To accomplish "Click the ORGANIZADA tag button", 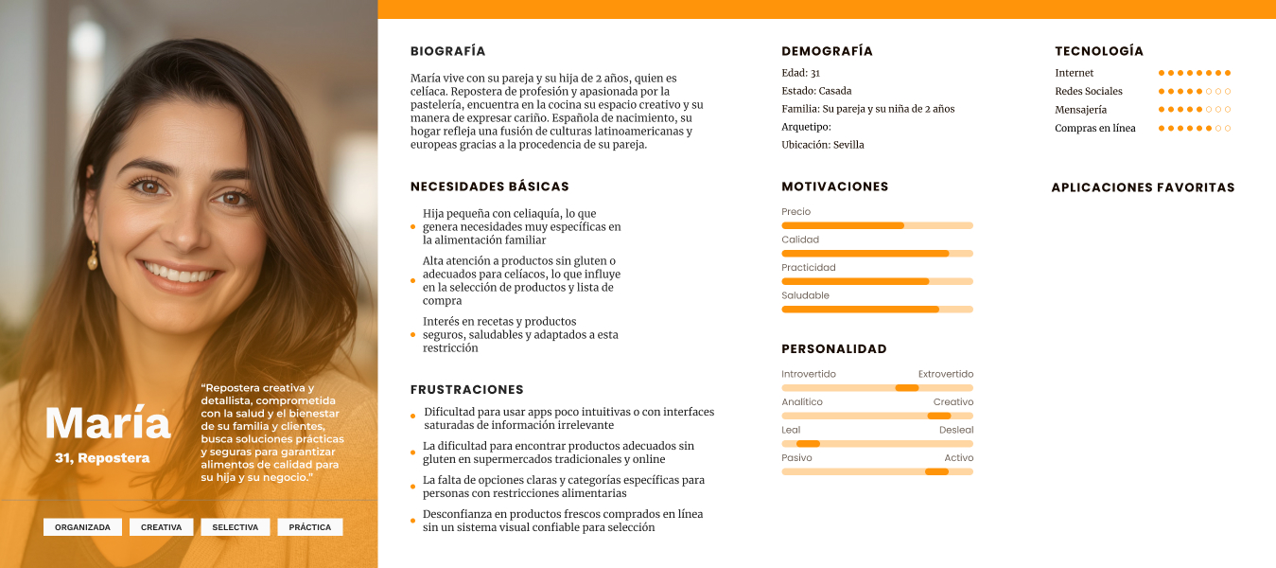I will click(82, 527).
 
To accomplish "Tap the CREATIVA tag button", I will click(162, 527).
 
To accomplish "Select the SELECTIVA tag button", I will click(236, 527).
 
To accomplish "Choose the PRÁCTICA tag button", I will click(310, 527).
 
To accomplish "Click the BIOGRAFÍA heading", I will click(447, 51).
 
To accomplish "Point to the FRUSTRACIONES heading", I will click(466, 389).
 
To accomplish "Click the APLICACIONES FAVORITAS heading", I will click(1143, 187).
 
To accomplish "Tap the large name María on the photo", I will click(108, 423).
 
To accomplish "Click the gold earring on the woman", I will click(93, 256).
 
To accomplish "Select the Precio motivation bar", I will click(877, 225).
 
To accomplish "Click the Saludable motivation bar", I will click(877, 310).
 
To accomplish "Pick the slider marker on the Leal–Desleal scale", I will click(808, 444).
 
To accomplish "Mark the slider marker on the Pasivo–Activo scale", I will click(936, 471).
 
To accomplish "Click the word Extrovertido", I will click(945, 374).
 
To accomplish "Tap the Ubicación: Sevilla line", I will click(822, 145).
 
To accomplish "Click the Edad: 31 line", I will click(800, 73).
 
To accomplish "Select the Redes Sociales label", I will click(1089, 91).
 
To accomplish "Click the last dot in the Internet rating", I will click(1228, 73).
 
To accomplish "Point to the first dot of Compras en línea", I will click(1162, 128).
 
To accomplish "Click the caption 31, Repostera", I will click(102, 458).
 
